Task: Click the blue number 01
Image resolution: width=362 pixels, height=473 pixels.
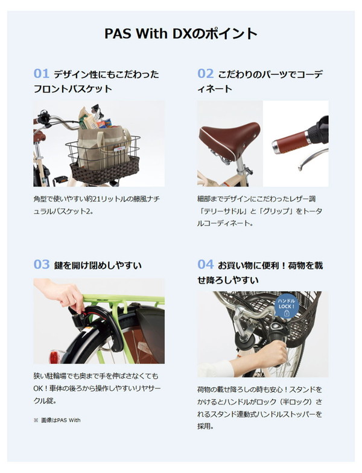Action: click(x=41, y=73)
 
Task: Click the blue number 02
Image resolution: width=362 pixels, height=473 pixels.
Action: click(x=205, y=73)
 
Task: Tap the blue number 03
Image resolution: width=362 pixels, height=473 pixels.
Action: click(x=41, y=265)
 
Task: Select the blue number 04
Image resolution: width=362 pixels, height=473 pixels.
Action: click(x=205, y=265)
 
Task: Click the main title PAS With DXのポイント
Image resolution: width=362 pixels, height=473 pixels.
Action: click(x=181, y=33)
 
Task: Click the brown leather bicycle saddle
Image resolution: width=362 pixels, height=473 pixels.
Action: click(x=229, y=138)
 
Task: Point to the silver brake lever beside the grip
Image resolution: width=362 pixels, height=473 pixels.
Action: click(x=313, y=159)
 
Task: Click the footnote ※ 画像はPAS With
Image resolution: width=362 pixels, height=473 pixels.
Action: click(x=57, y=420)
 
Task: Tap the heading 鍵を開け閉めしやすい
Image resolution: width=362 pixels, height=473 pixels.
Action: click(x=98, y=265)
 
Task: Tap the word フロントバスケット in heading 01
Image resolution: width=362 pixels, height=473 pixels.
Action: click(x=72, y=89)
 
